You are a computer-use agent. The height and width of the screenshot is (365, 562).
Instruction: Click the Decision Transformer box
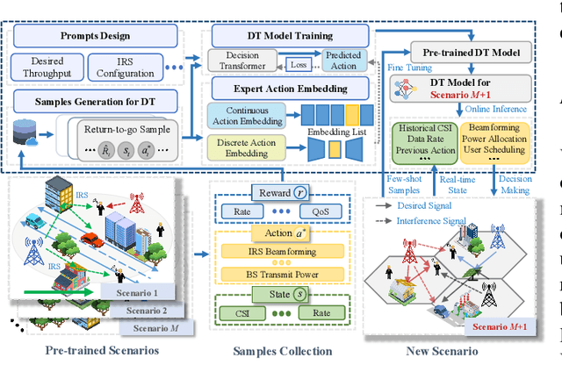coord(238,60)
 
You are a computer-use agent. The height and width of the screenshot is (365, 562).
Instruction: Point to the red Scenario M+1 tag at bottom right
coord(501,326)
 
